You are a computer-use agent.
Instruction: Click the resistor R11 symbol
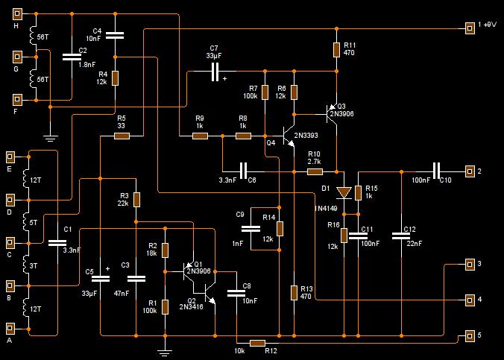[336, 50]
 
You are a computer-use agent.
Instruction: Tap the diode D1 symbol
[344, 193]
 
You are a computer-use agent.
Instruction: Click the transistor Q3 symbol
[332, 114]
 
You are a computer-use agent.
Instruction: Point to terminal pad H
[17, 14]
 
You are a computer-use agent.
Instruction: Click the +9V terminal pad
[470, 28]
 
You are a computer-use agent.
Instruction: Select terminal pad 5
[470, 335]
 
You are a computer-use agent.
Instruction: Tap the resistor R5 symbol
[122, 136]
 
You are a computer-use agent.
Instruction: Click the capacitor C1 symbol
[57, 243]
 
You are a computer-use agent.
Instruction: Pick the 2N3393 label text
[306, 136]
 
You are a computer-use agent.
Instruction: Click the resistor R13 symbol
[294, 293]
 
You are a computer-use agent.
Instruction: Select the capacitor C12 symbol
[401, 236]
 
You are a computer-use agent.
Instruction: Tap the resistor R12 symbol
[258, 343]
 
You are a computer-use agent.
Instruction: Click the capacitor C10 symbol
[437, 171]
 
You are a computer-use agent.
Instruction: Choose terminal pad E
[10, 157]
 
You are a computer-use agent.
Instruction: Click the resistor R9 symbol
[201, 136]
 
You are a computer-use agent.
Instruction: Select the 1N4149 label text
[326, 208]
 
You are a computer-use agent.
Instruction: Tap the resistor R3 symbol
[136, 200]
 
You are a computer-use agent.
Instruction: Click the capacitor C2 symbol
[72, 57]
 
